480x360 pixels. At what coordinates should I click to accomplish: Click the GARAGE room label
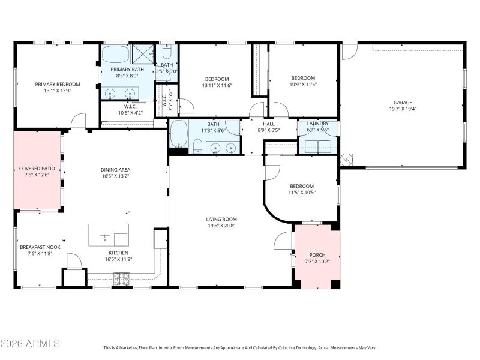403,102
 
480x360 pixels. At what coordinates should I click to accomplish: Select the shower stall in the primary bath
143,54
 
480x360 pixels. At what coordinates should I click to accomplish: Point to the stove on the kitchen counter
122,277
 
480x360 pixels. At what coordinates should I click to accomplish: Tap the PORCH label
317,255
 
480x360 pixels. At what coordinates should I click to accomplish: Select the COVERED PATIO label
37,169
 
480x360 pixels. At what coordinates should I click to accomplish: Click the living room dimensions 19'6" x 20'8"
222,226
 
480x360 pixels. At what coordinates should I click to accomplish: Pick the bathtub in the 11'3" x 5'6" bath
178,133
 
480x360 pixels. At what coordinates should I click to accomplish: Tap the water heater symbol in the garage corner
346,160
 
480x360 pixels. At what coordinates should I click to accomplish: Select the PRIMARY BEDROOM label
58,84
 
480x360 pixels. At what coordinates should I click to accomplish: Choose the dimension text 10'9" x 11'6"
303,85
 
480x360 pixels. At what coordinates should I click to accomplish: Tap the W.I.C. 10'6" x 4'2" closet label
130,109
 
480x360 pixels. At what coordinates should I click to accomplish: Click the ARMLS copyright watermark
30,344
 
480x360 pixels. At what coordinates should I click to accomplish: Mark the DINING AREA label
115,169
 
